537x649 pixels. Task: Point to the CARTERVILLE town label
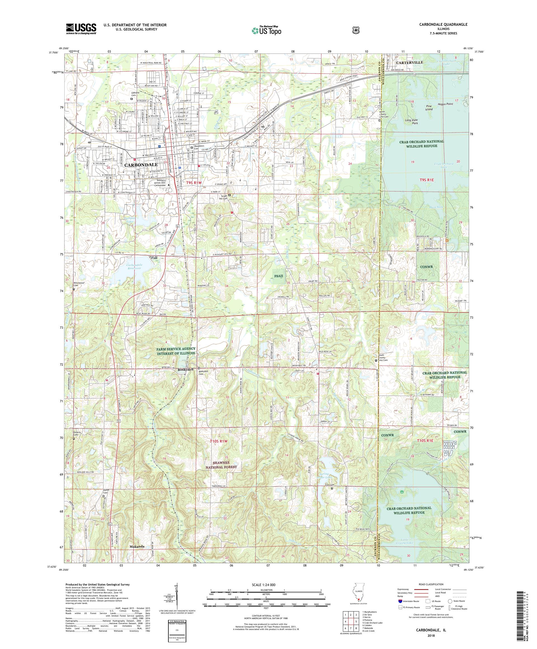[410, 62]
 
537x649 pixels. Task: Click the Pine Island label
[428, 107]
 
